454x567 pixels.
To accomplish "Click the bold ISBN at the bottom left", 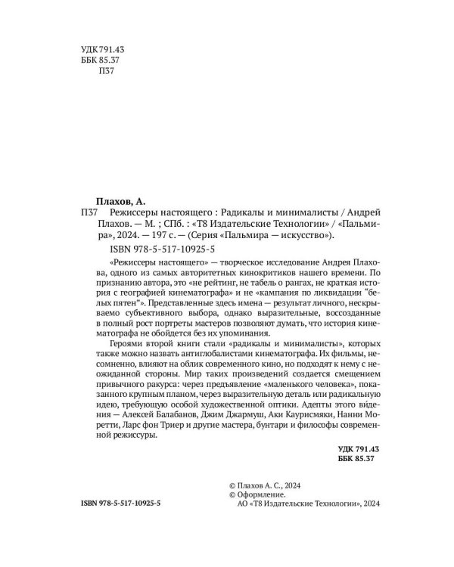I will [x=124, y=503].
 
